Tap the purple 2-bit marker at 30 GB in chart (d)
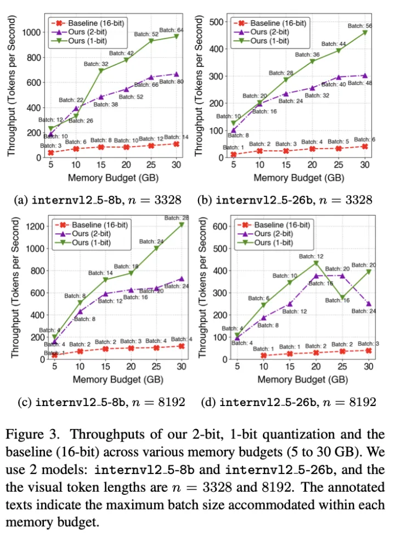pyautogui.click(x=369, y=303)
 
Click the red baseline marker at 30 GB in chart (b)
pyautogui.click(x=365, y=146)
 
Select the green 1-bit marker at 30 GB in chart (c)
pyautogui.click(x=182, y=224)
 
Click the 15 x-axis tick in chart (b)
pyautogui.click(x=285, y=164)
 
